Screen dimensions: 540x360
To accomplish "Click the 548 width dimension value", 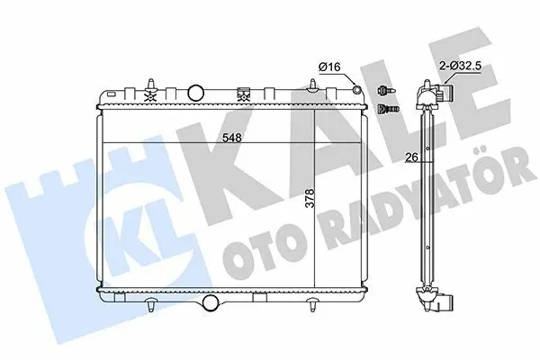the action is pyautogui.click(x=232, y=138).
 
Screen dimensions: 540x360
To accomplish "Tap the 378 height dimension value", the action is pyautogui.click(x=310, y=198).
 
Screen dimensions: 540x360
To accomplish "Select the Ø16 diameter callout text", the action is pyautogui.click(x=329, y=67).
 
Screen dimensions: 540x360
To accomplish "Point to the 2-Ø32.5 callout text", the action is pyautogui.click(x=460, y=67).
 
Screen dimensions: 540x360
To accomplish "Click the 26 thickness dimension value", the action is pyautogui.click(x=412, y=157).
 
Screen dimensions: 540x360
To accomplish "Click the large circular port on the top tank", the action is pyautogui.click(x=196, y=93).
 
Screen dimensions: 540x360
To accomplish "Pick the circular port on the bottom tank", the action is pyautogui.click(x=210, y=302).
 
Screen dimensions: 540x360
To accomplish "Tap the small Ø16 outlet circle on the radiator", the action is pyautogui.click(x=356, y=90).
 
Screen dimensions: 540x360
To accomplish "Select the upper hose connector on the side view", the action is pyautogui.click(x=446, y=94).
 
